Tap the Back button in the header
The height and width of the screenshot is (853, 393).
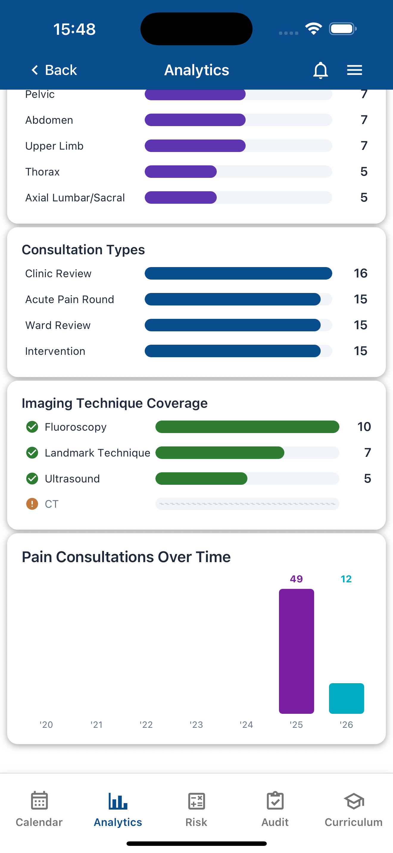tap(54, 70)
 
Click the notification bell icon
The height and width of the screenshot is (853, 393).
tap(320, 70)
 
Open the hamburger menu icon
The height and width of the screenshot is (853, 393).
tap(354, 70)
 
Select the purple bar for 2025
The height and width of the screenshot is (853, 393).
tap(296, 651)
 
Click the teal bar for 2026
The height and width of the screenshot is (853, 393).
tap(346, 698)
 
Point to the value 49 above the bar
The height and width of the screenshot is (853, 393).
tap(296, 579)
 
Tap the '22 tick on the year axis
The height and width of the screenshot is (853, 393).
tap(146, 725)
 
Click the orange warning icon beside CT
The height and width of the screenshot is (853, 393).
tap(32, 504)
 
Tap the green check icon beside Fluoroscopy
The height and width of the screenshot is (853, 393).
tap(32, 427)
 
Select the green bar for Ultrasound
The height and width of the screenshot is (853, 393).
tap(201, 479)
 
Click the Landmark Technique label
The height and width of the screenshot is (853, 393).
tap(97, 453)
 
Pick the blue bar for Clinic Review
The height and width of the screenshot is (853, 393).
tap(238, 273)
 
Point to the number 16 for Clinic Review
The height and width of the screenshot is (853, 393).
tap(360, 273)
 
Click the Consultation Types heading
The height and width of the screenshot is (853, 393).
tap(83, 250)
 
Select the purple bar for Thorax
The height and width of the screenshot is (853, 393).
tap(181, 172)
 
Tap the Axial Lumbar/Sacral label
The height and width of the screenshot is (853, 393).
tap(75, 198)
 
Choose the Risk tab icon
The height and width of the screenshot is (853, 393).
tap(196, 801)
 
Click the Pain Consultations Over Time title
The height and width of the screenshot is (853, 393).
tap(126, 557)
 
